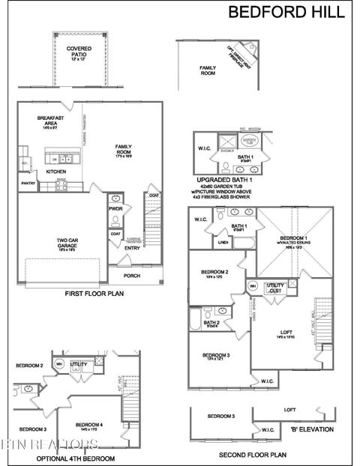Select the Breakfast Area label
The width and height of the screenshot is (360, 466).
point(52,121)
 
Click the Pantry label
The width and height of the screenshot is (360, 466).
point(28,183)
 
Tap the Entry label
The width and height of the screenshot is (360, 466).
point(132,247)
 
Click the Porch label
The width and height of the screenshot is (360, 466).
point(132,275)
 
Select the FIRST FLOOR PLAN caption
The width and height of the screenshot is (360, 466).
point(94,294)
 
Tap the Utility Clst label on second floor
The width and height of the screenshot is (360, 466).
point(275,288)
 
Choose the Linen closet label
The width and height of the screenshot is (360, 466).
point(223,242)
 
